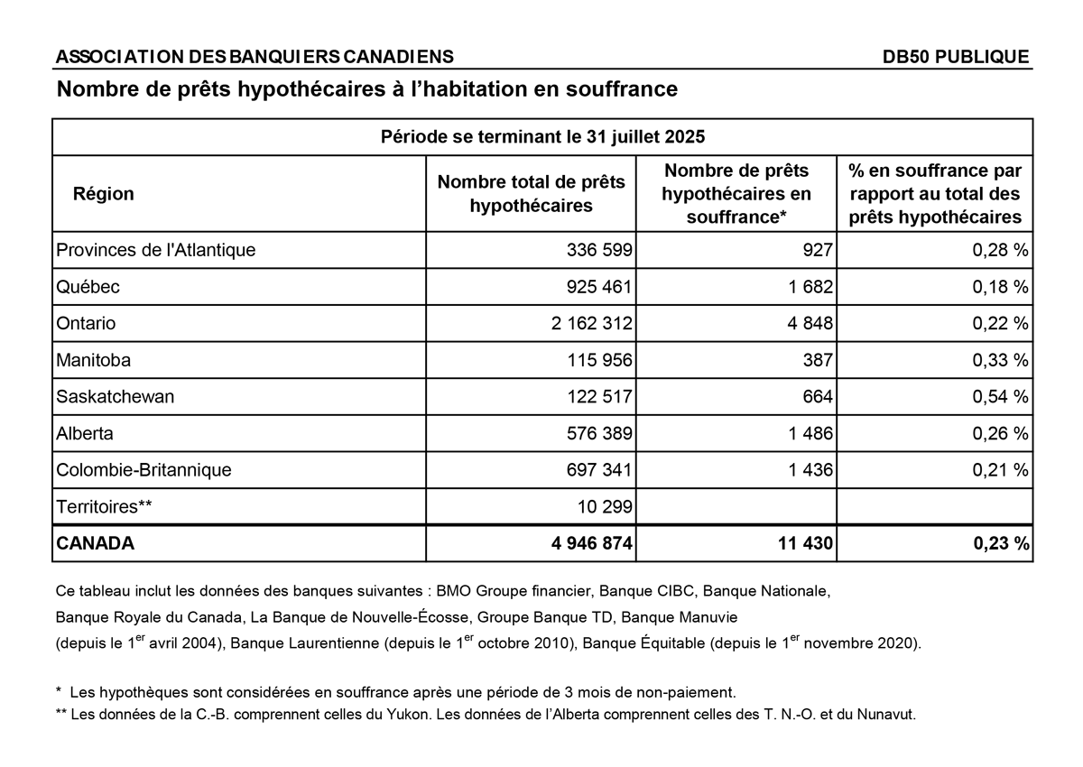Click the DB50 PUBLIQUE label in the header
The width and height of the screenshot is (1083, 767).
tap(956, 57)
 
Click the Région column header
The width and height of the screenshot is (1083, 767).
tap(103, 194)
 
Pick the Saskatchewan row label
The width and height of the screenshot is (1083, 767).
tap(115, 396)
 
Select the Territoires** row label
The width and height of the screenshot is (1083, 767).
tap(103, 506)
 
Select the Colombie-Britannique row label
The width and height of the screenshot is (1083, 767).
tap(143, 470)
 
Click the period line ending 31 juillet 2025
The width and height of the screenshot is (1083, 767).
tap(542, 137)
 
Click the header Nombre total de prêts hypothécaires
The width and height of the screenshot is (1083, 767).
tap(531, 194)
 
